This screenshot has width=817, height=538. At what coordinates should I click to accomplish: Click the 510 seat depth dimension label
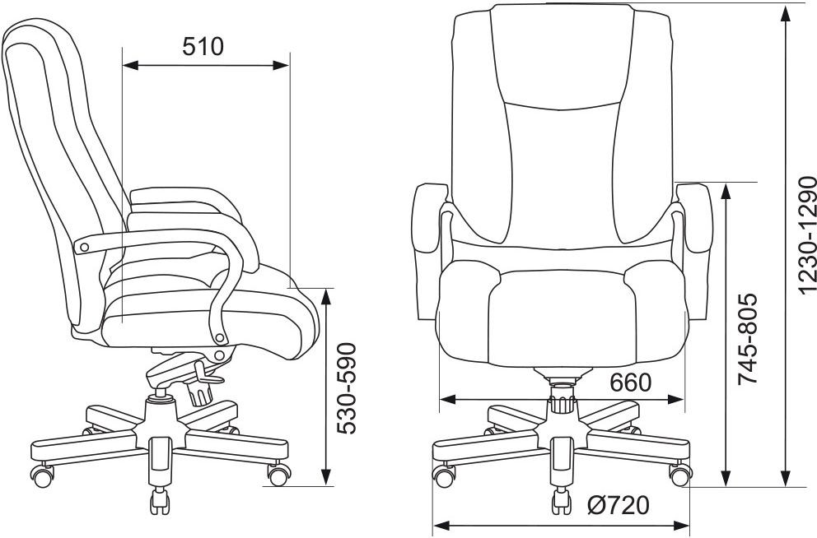coord(203,46)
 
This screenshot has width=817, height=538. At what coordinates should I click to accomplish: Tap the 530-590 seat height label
coord(347,388)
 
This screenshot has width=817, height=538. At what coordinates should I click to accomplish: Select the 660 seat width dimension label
coord(631,383)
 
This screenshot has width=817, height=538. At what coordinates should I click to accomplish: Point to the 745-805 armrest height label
coord(747,339)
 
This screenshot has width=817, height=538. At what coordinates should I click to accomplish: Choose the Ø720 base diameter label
coord(619,505)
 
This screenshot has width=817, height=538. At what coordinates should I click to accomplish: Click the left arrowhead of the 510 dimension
coord(130,66)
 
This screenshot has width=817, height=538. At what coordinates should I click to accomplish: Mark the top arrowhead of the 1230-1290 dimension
coord(785,12)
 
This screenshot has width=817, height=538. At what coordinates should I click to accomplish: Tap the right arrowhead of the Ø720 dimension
coord(682,526)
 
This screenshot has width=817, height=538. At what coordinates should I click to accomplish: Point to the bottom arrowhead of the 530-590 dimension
coord(326,478)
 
